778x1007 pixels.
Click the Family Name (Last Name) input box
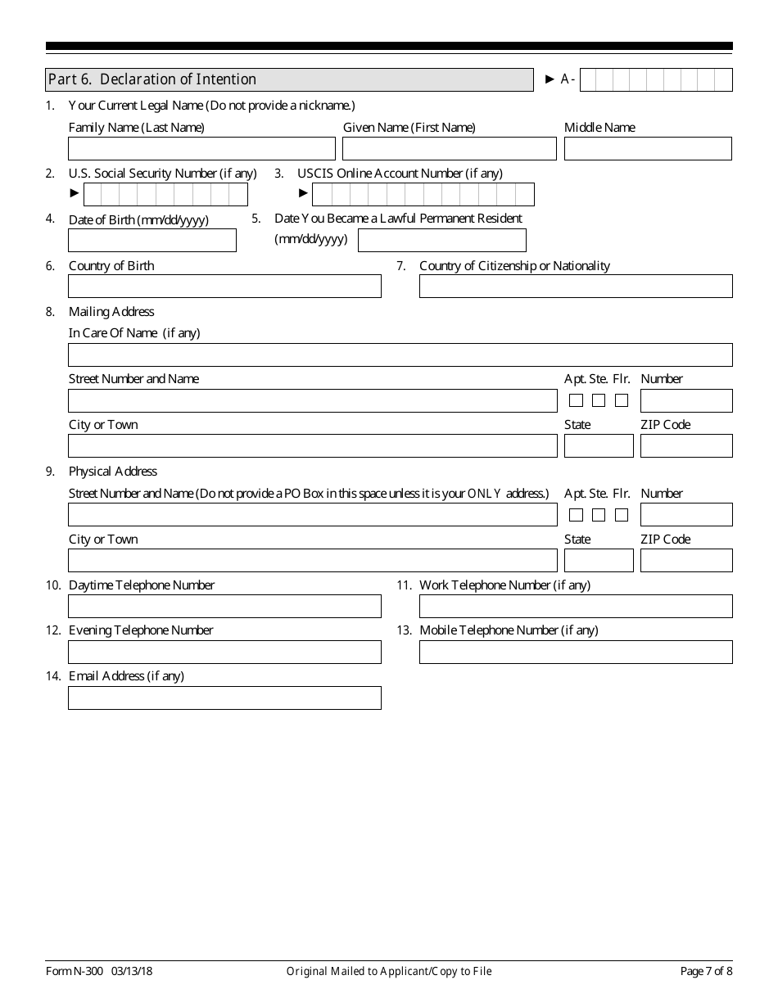[x=201, y=148]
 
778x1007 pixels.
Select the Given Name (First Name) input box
[x=449, y=148]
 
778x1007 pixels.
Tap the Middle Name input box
[x=647, y=148]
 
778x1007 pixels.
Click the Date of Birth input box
[x=152, y=240]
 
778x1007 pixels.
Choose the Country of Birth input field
[x=224, y=286]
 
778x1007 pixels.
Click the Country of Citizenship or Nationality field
[x=576, y=286]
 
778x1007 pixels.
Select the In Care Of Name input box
[x=400, y=354]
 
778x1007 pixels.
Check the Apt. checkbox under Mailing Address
[x=576, y=400]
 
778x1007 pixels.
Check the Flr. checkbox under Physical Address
[x=622, y=515]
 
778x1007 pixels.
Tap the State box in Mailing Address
[x=599, y=446]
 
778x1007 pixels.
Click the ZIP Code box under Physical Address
[x=685, y=561]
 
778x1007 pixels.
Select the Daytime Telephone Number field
[x=224, y=606]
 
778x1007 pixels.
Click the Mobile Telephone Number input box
[x=576, y=652]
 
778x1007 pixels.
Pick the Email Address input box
[x=224, y=698]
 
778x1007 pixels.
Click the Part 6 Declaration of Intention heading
[x=152, y=79]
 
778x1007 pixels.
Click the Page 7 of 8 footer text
[x=706, y=971]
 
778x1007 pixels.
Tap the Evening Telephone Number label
[x=141, y=630]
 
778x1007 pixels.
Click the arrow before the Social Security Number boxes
[x=75, y=193]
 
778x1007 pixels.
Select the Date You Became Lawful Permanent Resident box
[x=442, y=240]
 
